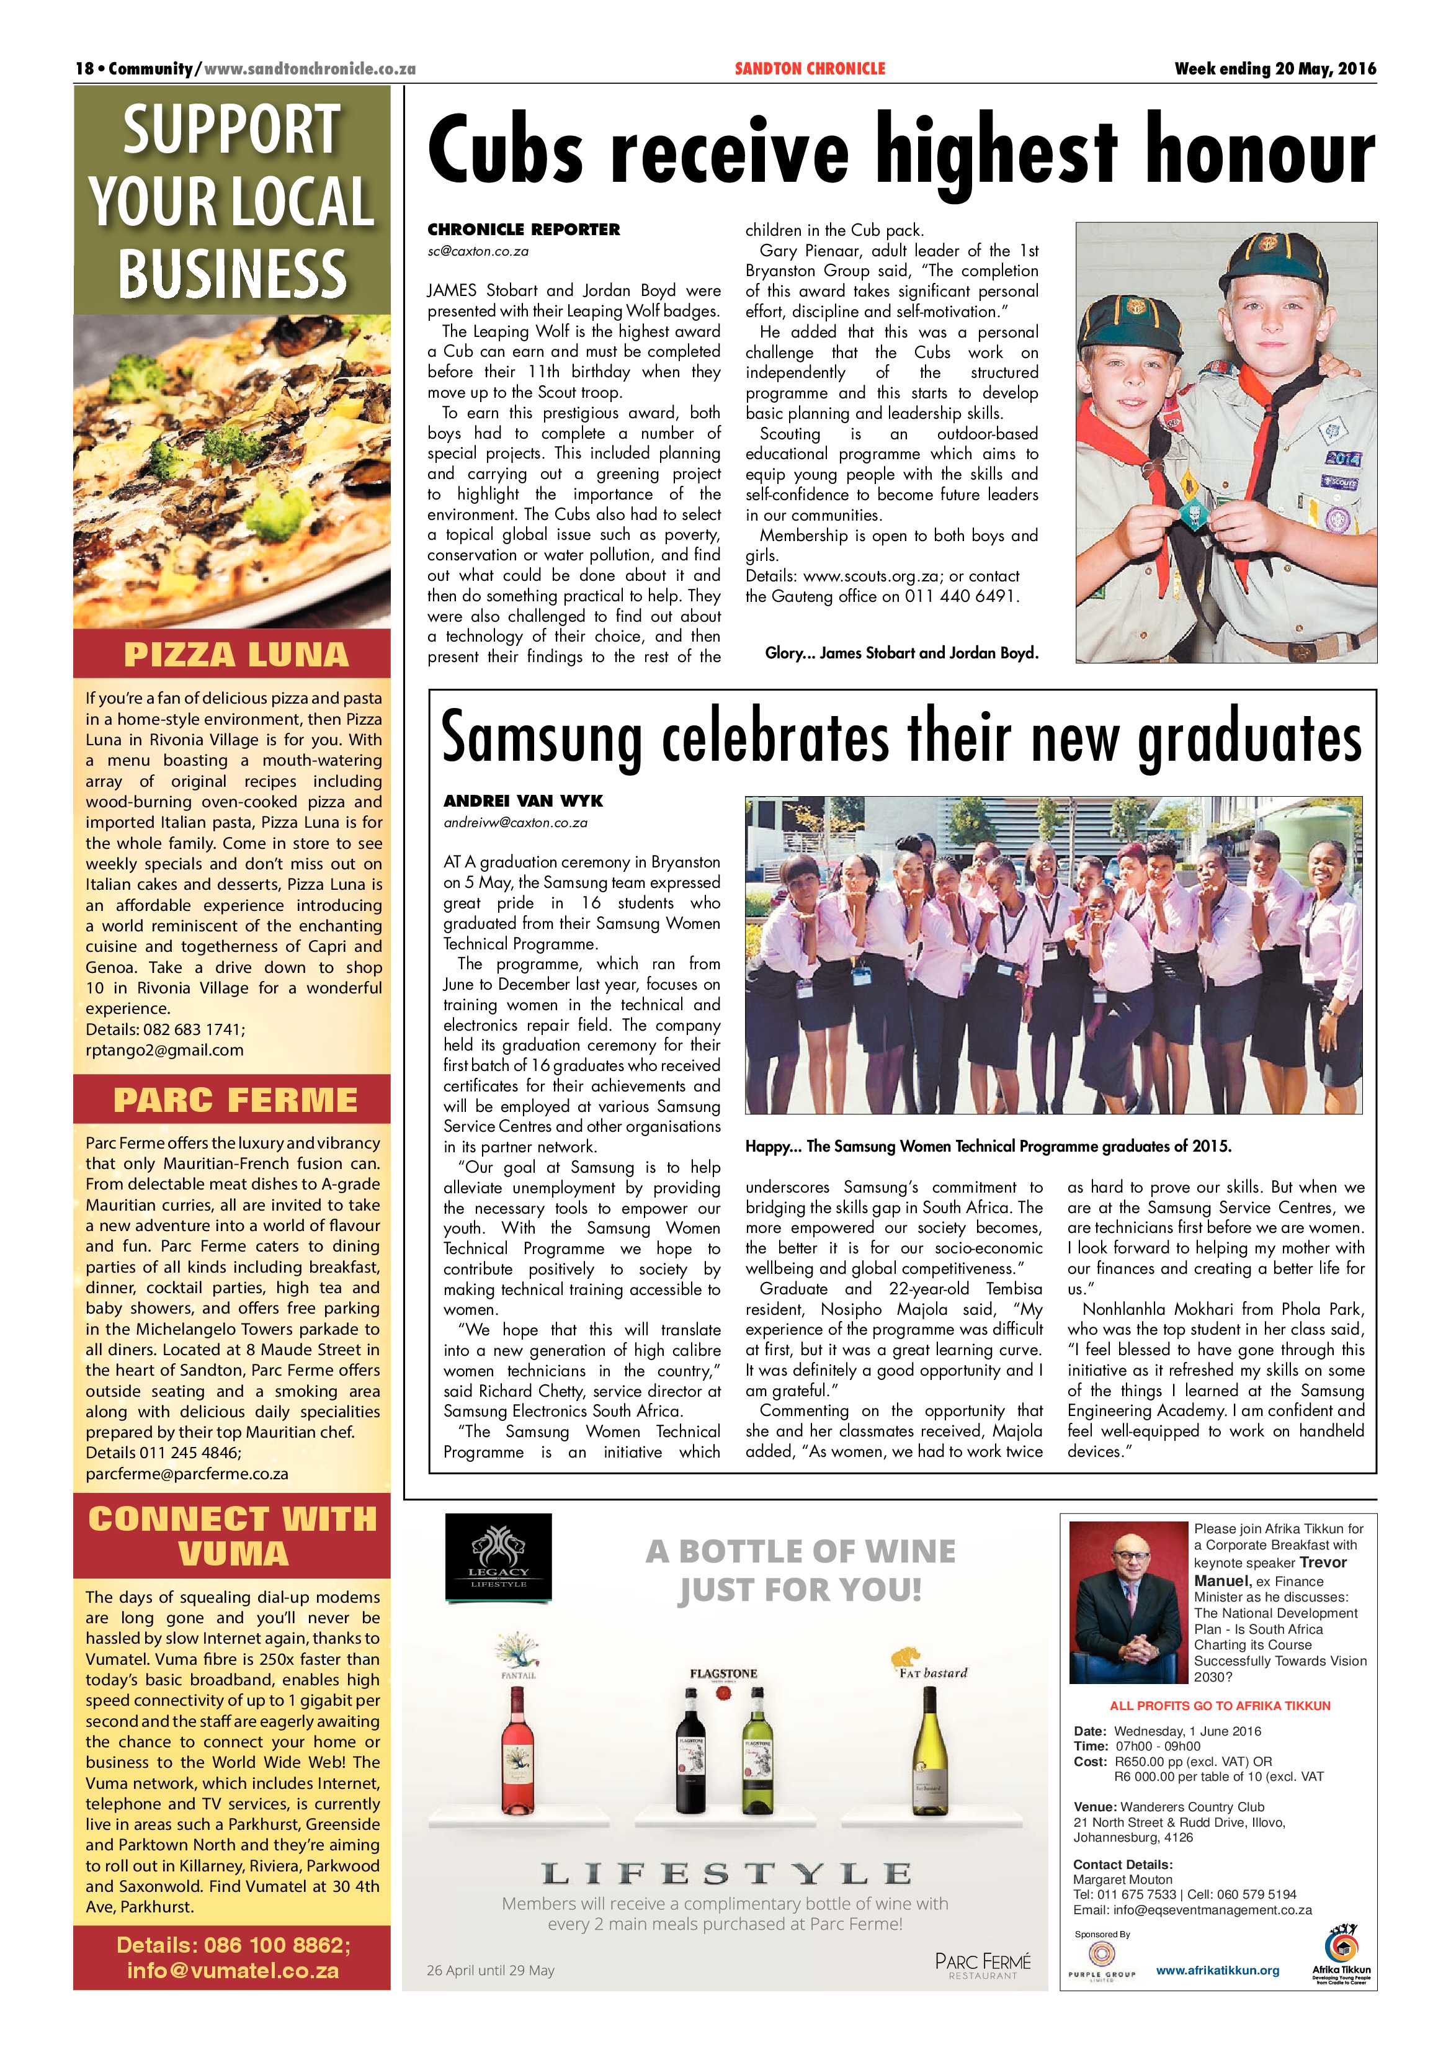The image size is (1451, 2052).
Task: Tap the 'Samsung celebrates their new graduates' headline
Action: pos(901,737)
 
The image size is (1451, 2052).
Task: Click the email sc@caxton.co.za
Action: pos(478,251)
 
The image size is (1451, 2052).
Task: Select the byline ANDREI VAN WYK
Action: pos(523,801)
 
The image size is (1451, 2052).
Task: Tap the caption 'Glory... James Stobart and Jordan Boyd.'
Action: pos(901,653)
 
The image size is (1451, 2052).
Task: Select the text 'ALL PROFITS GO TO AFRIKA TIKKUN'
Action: pos(1220,1705)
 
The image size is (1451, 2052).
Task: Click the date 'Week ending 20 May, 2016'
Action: pos(1275,69)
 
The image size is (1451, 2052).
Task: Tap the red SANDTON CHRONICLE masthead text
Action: pos(810,69)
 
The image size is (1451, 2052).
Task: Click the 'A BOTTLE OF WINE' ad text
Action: pos(800,1551)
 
